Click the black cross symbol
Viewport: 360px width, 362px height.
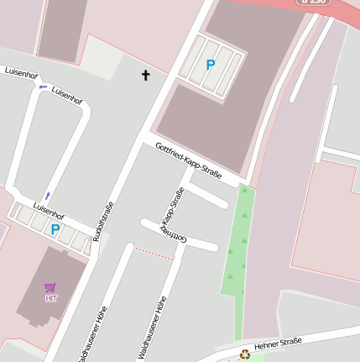pos(145,76)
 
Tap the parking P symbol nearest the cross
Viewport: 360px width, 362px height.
pos(211,64)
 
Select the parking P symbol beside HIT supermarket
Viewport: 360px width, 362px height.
pos(55,228)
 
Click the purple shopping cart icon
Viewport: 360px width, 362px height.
pos(50,287)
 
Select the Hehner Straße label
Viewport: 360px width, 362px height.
pos(278,343)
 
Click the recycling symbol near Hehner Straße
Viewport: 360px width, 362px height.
pos(245,354)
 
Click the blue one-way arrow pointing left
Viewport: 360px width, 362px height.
pos(43,86)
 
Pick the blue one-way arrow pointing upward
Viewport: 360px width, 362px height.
pos(47,195)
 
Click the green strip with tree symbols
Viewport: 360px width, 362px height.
pos(238,244)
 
